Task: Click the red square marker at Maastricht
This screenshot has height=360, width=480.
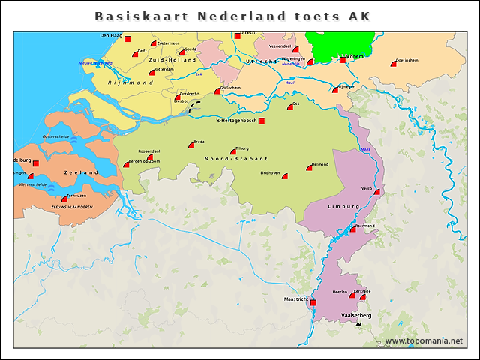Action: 313,302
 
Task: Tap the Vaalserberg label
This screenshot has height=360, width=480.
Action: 356,316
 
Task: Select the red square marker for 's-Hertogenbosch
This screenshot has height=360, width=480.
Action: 261,121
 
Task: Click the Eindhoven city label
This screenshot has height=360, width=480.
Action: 270,172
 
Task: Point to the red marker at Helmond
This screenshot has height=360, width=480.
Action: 308,169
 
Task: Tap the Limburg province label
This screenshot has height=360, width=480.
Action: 344,205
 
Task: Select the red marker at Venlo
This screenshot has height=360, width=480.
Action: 376,192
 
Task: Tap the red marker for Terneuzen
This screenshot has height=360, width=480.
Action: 65,199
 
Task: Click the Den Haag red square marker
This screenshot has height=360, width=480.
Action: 127,39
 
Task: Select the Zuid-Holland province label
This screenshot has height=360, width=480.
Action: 172,59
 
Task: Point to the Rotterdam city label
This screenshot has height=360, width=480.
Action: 163,69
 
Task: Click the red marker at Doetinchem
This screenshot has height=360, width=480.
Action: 393,64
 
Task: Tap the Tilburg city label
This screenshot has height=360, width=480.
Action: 241,148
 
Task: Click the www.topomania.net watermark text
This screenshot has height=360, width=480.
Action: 424,340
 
